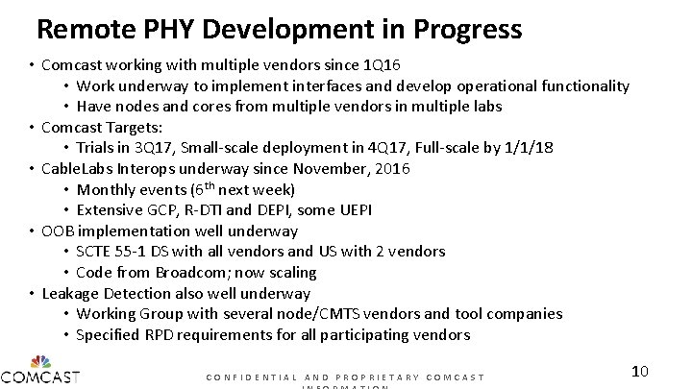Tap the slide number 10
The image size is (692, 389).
click(642, 371)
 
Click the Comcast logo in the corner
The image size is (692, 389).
click(40, 372)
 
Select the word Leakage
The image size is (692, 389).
click(73, 293)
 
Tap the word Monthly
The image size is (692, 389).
click(108, 189)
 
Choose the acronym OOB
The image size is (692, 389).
click(59, 231)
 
